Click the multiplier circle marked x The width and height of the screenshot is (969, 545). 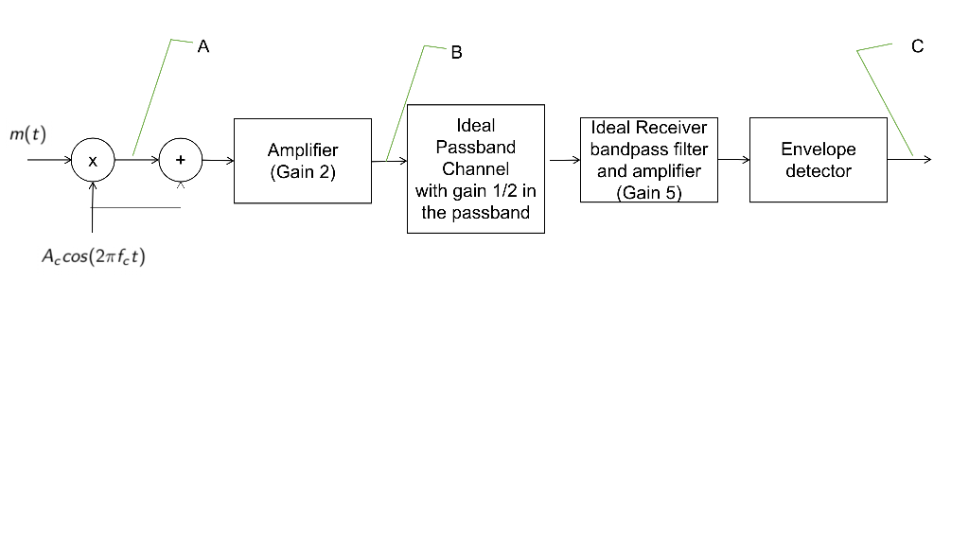click(93, 161)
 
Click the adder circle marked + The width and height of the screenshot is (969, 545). click(181, 161)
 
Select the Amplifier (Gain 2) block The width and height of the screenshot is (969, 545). click(303, 161)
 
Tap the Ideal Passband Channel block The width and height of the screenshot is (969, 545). click(475, 168)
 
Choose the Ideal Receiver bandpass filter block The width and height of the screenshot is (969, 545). click(648, 159)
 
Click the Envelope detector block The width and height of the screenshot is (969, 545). click(818, 160)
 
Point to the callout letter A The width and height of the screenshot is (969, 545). click(203, 46)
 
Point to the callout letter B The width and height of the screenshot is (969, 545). click(456, 53)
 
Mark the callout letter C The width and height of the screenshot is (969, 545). click(917, 46)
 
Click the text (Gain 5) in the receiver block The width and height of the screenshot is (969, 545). click(648, 193)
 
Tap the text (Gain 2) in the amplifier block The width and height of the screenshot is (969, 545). click(303, 172)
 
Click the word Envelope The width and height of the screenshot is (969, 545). click(818, 149)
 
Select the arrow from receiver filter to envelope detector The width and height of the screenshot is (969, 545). click(733, 160)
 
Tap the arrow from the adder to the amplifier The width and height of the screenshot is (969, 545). click(218, 161)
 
